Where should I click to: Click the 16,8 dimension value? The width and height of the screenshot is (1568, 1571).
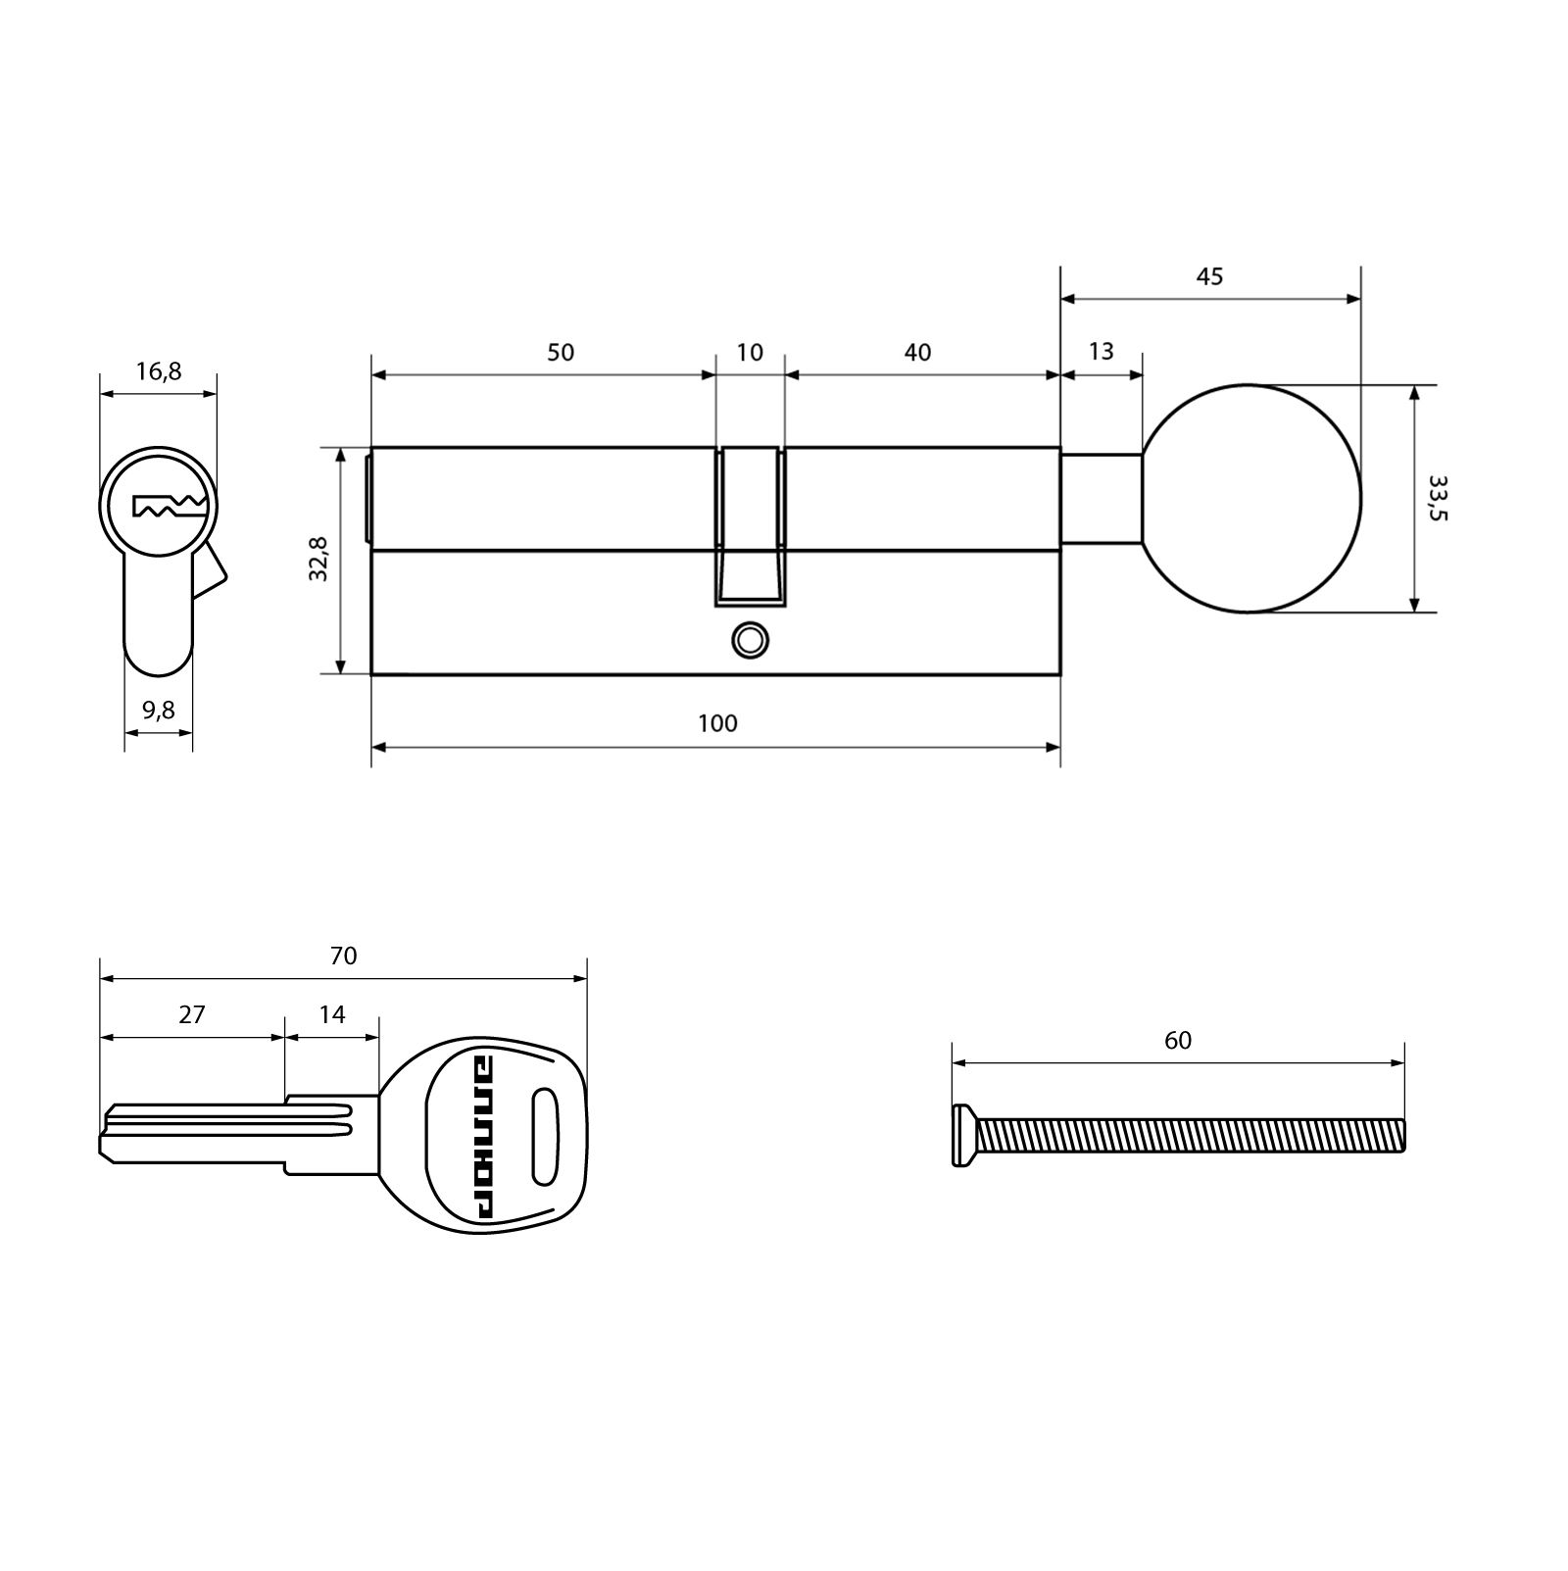tap(159, 371)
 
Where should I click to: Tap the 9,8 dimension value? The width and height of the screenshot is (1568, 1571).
tap(159, 710)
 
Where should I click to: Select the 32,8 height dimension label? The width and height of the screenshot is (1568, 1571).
tap(318, 560)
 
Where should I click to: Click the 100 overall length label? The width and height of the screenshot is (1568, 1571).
tap(717, 723)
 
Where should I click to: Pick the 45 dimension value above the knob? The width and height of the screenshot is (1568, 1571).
tap(1209, 276)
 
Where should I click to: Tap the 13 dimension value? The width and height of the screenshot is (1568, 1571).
tap(1101, 351)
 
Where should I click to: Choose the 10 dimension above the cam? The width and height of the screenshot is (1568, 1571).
tap(750, 352)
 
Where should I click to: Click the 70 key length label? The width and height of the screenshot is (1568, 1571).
tap(343, 955)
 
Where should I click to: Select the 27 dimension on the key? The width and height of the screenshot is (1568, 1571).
tap(192, 1013)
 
